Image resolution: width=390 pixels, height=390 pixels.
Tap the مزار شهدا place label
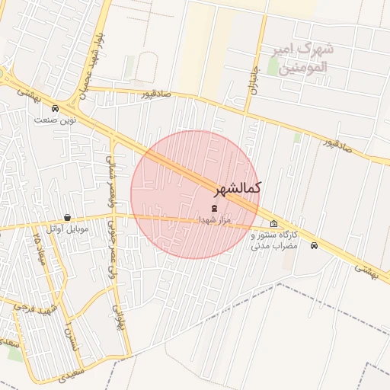click(214, 219)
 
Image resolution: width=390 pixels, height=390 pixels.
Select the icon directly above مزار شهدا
click(213, 208)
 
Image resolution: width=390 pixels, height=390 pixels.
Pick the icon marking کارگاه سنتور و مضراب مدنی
click(274, 223)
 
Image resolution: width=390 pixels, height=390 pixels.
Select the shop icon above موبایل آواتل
click(68, 217)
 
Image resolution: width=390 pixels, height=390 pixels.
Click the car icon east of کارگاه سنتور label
click(315, 245)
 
